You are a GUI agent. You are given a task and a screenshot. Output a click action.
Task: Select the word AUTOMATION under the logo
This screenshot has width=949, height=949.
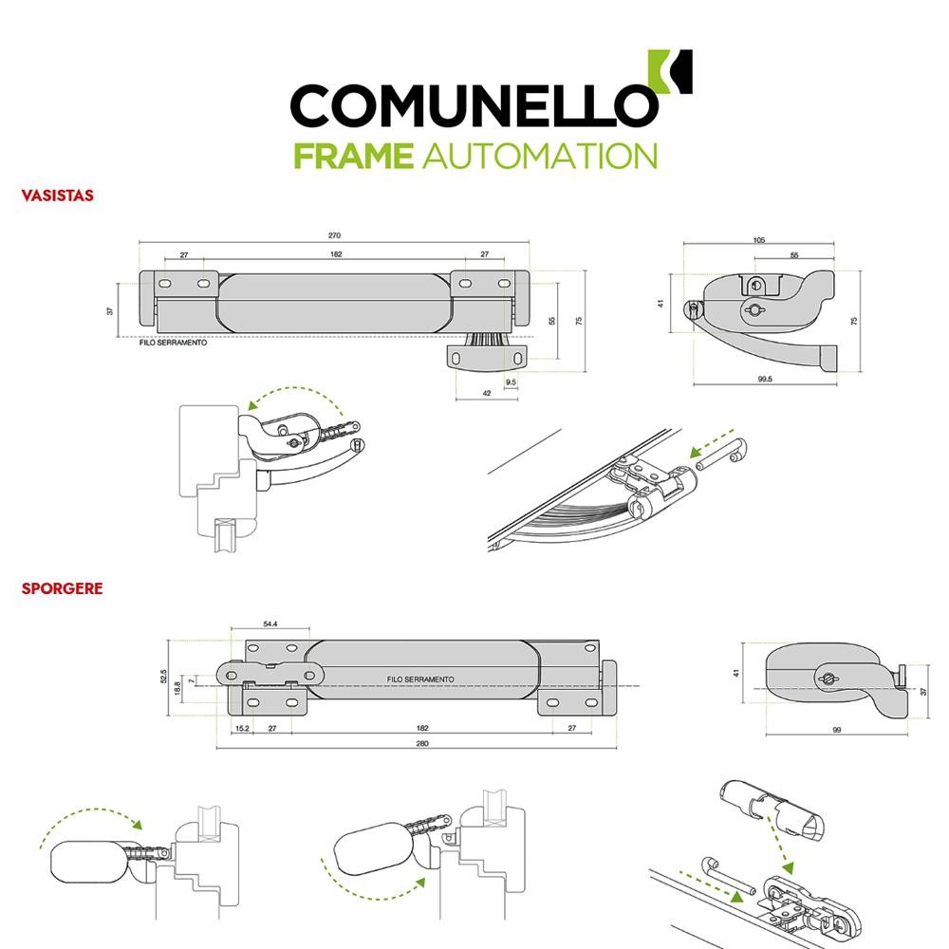tap(536, 156)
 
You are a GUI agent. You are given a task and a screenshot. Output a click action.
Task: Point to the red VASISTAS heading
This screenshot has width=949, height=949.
tap(57, 195)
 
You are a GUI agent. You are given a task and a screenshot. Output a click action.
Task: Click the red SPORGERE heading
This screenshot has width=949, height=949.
tap(62, 588)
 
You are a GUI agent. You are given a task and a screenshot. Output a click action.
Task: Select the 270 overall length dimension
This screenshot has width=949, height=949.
tap(334, 235)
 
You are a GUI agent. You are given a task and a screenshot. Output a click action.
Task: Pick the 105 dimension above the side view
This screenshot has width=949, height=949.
tap(759, 240)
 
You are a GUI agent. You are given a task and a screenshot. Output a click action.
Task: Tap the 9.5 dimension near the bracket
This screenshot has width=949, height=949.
tap(512, 382)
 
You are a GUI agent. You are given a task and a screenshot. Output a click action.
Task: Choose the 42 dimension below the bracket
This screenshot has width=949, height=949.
tap(486, 392)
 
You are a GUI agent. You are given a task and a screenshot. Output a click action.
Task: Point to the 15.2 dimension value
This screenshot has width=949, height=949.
tap(241, 728)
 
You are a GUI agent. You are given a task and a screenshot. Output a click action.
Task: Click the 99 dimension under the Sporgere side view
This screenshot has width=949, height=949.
tap(838, 730)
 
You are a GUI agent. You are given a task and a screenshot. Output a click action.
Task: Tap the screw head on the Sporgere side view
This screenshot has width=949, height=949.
tap(827, 677)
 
